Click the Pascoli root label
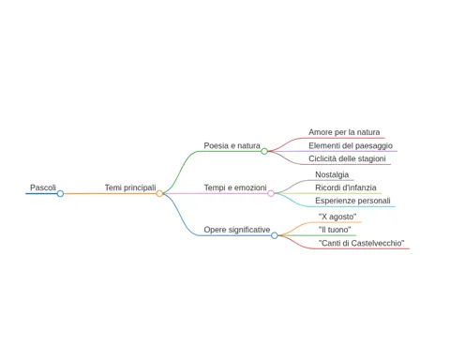click(x=43, y=187)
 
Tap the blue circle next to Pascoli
click(x=60, y=194)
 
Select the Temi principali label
click(x=130, y=187)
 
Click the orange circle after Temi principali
click(x=159, y=194)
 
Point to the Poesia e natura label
click(x=232, y=145)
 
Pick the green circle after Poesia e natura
click(x=264, y=152)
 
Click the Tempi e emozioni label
click(x=235, y=187)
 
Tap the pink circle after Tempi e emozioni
click(x=271, y=194)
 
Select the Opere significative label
click(x=237, y=230)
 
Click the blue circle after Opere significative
click(x=275, y=235)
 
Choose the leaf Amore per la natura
click(x=344, y=132)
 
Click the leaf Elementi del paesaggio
click(x=351, y=146)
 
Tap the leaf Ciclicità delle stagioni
click(x=347, y=158)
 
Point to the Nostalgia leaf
click(x=332, y=174)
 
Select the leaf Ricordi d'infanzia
click(x=346, y=187)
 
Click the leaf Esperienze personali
click(x=352, y=201)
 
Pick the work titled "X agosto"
click(x=337, y=217)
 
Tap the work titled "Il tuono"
click(x=335, y=230)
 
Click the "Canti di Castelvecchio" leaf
click(x=361, y=243)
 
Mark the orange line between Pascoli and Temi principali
click(x=110, y=194)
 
